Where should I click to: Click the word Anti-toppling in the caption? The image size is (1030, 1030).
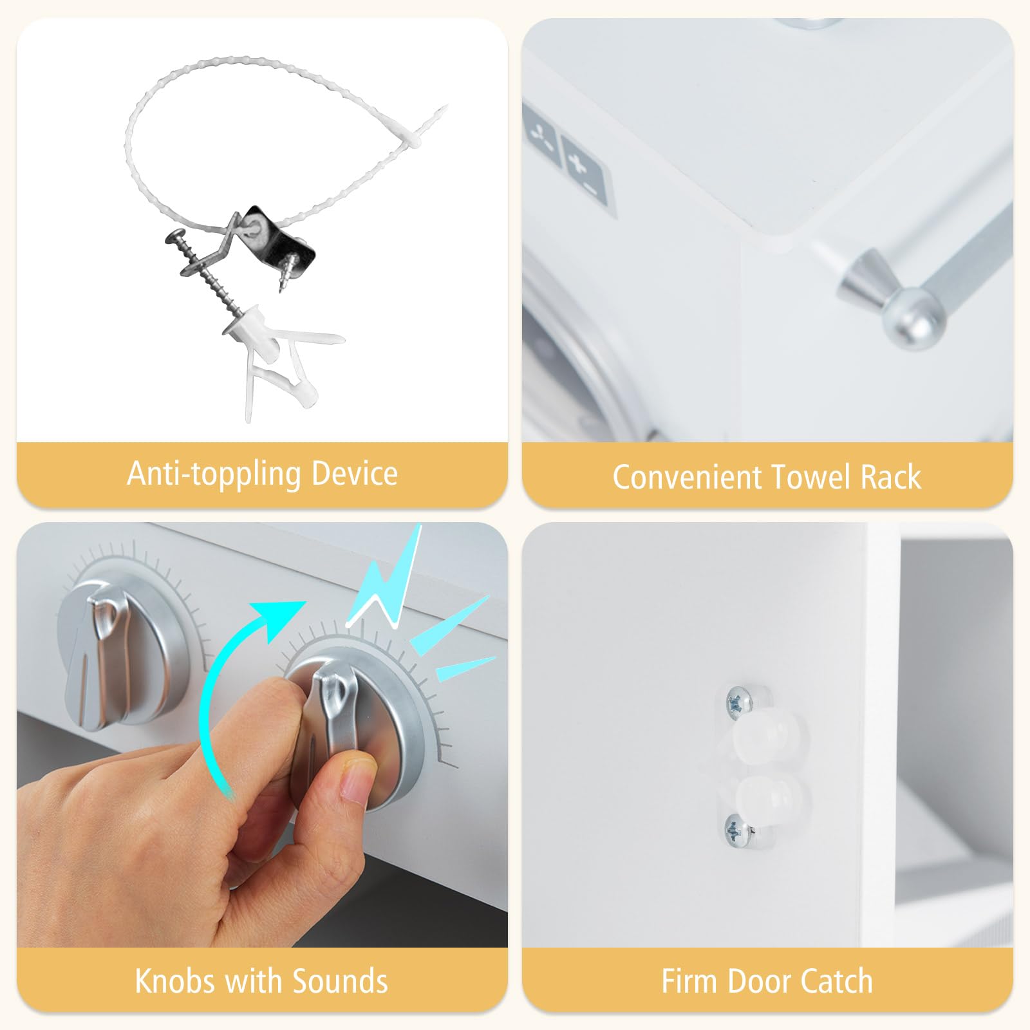click(214, 474)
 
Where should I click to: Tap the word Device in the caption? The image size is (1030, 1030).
click(355, 473)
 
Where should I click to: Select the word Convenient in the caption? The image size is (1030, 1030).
click(687, 477)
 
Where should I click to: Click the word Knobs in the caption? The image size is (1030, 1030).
click(176, 981)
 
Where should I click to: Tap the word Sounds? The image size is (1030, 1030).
click(340, 981)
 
